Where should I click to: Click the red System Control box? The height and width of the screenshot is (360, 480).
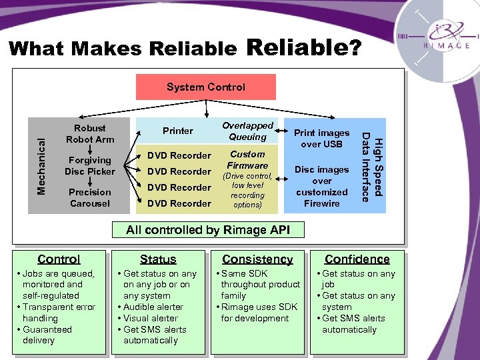[x=205, y=87]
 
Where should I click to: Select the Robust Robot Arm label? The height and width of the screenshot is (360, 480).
[x=90, y=133]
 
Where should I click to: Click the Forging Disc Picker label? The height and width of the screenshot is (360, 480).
[x=90, y=165]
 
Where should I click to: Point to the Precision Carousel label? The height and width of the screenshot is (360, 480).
[x=90, y=197]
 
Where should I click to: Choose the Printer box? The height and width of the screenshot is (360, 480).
[x=178, y=131]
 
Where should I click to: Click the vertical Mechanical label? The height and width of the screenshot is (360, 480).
[x=41, y=166]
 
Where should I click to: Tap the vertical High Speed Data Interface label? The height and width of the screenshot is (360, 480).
[x=371, y=166]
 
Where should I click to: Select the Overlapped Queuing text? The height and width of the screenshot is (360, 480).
[x=247, y=131]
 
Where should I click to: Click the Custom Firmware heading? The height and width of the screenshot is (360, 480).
[x=247, y=159]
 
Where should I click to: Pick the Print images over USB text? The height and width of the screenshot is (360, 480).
[x=321, y=138]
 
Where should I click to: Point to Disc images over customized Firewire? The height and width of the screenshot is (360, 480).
[x=321, y=186]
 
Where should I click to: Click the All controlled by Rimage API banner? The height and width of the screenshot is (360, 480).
[x=209, y=230]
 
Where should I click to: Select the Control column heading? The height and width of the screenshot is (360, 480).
[x=59, y=259]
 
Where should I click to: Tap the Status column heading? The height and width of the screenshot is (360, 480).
[x=158, y=259]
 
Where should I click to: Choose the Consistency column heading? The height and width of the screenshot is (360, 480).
[x=257, y=259]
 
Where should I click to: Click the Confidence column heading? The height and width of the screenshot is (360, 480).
[x=357, y=259]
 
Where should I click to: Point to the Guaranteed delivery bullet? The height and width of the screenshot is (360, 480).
[x=47, y=335]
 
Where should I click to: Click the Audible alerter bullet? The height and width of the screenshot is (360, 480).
[x=151, y=307]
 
